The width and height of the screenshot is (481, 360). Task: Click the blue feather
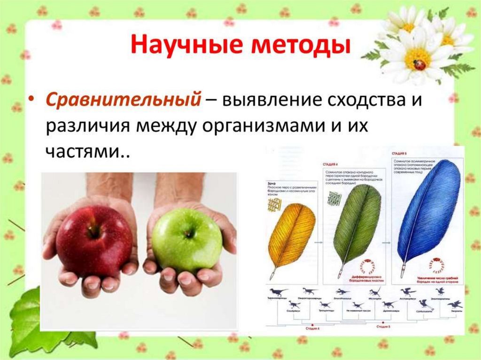[428, 211]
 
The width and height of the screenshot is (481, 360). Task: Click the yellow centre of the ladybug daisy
[416, 59]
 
